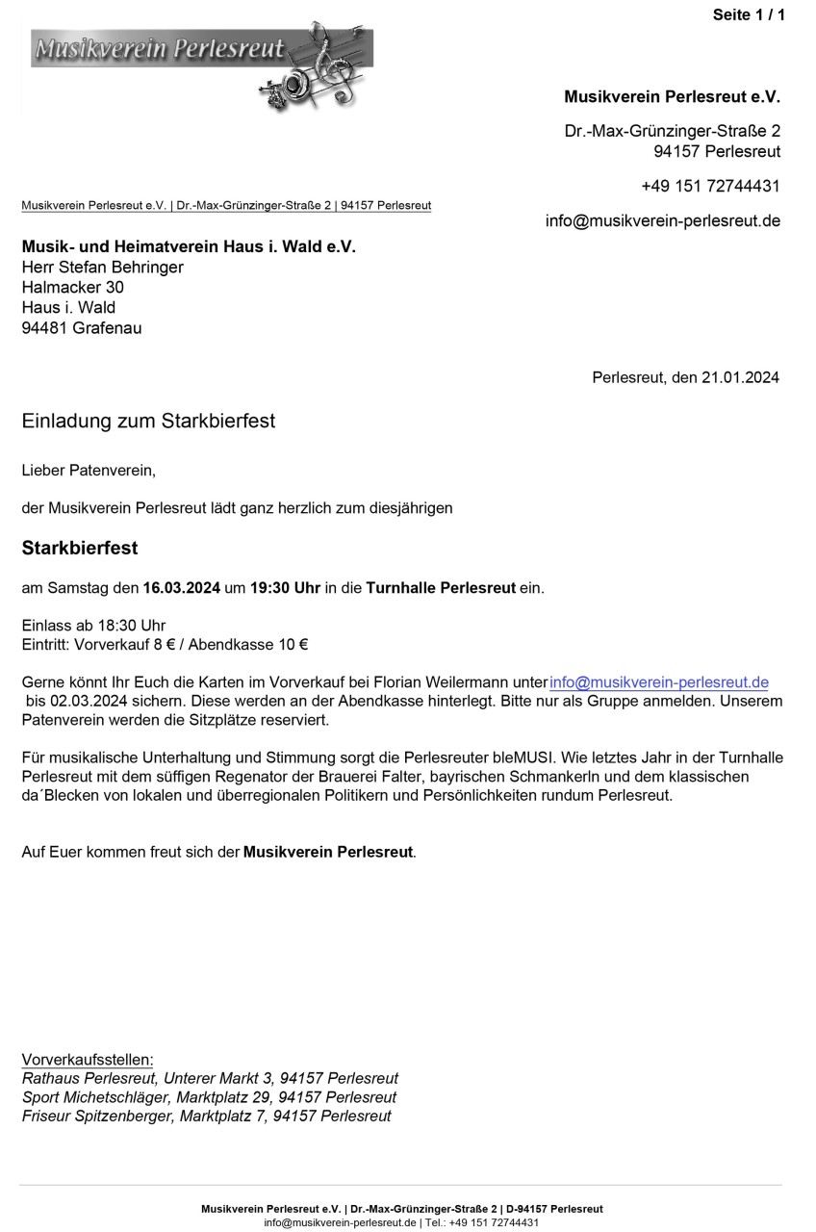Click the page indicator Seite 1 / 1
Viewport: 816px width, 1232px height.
click(x=749, y=14)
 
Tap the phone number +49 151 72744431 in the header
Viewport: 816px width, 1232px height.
click(x=710, y=186)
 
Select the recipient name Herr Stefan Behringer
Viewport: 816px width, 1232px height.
click(x=102, y=267)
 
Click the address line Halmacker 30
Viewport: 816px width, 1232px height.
click(x=72, y=287)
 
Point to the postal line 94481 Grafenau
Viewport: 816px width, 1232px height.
click(x=81, y=328)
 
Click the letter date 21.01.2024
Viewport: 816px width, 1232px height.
click(x=739, y=377)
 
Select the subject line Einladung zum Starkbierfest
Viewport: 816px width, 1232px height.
click(x=148, y=421)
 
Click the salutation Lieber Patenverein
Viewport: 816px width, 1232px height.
click(x=88, y=471)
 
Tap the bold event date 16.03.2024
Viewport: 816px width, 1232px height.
click(x=182, y=587)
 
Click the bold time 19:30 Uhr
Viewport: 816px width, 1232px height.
click(x=285, y=587)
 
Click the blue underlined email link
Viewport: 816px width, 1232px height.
click(x=659, y=682)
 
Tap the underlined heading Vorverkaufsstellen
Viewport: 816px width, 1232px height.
click(x=88, y=1060)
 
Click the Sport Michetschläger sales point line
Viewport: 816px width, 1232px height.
click(x=209, y=1097)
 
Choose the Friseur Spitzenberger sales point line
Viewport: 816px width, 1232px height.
click(x=206, y=1116)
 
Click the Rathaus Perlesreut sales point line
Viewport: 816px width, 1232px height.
click(x=210, y=1078)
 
